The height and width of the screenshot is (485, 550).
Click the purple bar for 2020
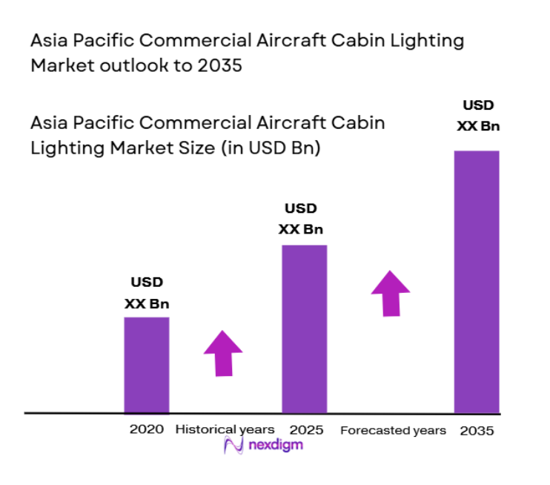click(x=146, y=364)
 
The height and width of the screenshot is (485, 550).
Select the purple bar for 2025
click(x=304, y=328)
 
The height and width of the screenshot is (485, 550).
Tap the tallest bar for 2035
click(x=476, y=281)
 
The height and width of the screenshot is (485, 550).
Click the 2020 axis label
click(x=146, y=429)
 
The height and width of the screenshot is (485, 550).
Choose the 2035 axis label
click(x=476, y=430)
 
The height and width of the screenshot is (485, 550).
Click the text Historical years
click(x=225, y=429)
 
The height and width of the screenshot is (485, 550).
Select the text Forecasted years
click(x=393, y=430)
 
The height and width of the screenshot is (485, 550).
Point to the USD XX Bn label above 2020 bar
click(x=146, y=292)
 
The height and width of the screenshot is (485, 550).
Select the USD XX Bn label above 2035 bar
click(x=477, y=115)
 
